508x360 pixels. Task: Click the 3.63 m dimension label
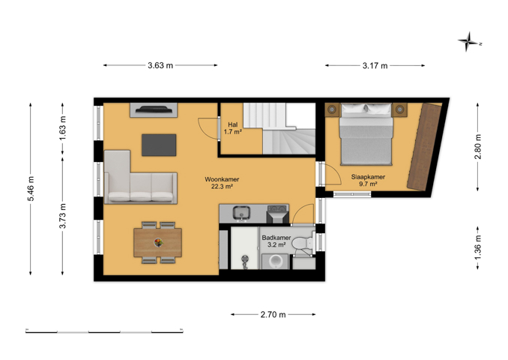point(160,65)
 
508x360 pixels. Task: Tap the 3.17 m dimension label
point(375,66)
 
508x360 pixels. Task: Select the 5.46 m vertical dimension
point(31,189)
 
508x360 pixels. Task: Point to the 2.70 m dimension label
point(273,314)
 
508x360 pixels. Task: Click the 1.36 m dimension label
point(478,247)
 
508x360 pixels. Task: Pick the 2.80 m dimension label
point(478,146)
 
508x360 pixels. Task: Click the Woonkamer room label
point(222,179)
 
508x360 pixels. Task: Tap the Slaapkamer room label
point(368,177)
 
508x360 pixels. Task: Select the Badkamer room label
point(276,238)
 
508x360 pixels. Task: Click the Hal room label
point(232,124)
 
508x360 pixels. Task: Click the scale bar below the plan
point(104,331)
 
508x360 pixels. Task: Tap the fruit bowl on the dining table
point(158,242)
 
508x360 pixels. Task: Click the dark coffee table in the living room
point(159,145)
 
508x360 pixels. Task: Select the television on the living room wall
point(154,109)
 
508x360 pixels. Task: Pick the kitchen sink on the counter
point(241,213)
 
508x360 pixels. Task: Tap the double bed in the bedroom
point(366,134)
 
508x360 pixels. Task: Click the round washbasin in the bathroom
point(275,262)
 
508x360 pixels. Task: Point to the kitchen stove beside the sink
point(278,214)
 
